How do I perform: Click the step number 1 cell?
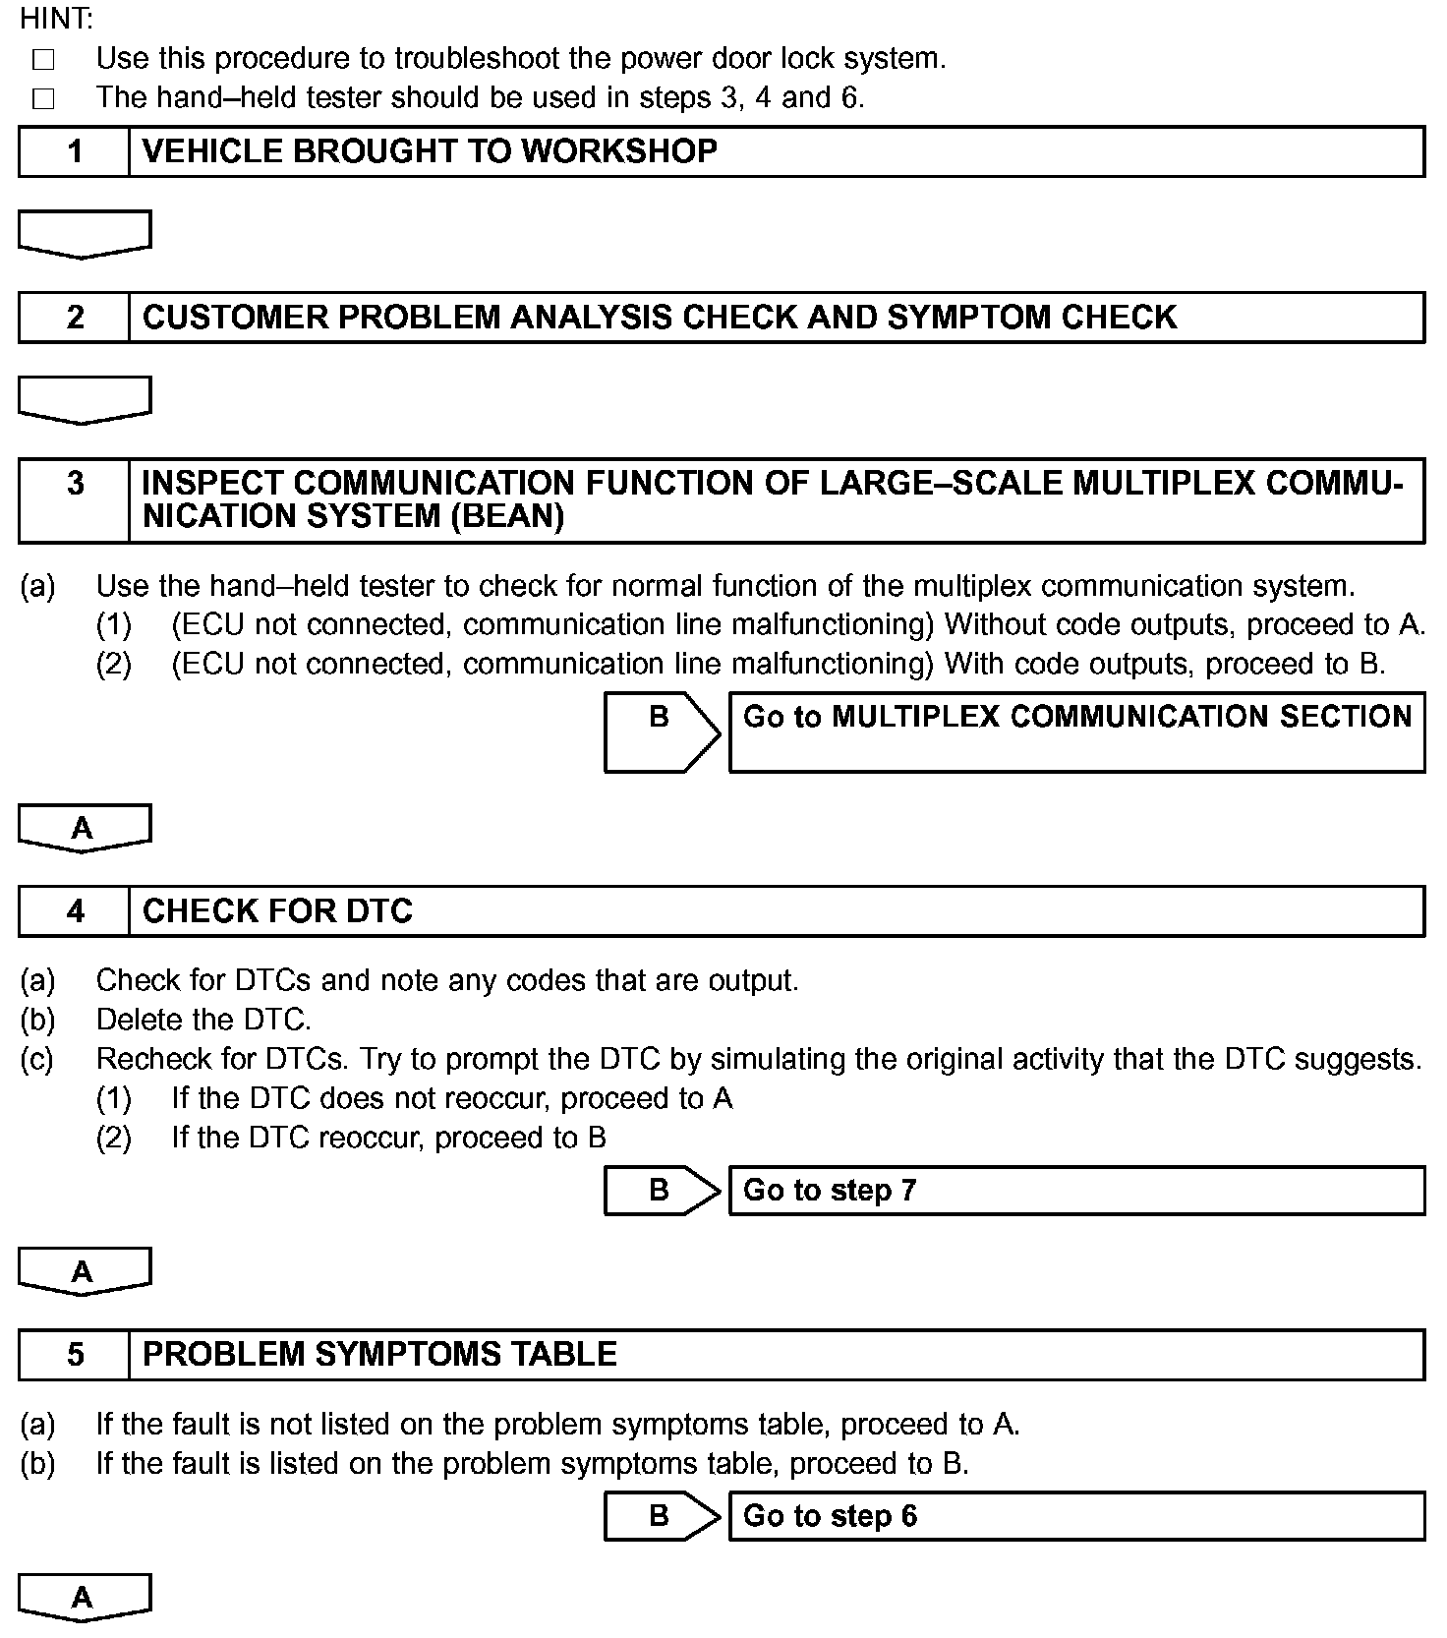(x=75, y=151)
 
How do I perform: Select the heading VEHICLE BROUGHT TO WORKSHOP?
(x=430, y=151)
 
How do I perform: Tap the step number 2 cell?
(x=75, y=318)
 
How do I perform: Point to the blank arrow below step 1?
(x=85, y=234)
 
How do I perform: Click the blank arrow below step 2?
(x=85, y=400)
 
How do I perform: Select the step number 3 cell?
(x=75, y=499)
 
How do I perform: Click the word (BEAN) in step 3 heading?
(x=507, y=516)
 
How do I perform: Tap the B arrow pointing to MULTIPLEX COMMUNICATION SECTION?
(x=661, y=731)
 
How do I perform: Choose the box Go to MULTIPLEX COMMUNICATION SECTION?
(x=1076, y=731)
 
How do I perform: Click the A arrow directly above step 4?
(x=85, y=828)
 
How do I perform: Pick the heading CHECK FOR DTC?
(x=277, y=911)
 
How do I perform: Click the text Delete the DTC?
(x=203, y=1020)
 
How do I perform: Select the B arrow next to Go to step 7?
(x=661, y=1191)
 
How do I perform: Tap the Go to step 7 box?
(x=1076, y=1191)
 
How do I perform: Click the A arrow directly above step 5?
(x=85, y=1271)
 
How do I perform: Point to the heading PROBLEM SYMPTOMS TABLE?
(x=379, y=1355)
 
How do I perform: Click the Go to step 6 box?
(x=1076, y=1516)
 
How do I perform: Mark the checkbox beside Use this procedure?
(x=43, y=60)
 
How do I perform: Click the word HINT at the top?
(x=56, y=18)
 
